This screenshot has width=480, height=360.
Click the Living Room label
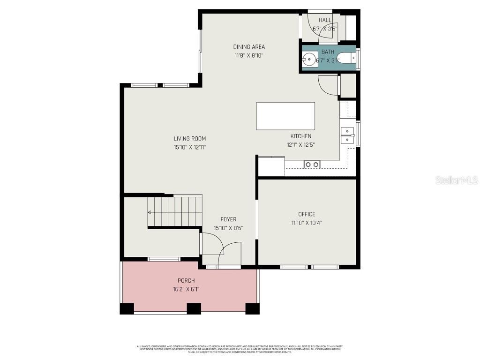click(x=190, y=138)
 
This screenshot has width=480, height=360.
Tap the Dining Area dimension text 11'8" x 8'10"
click(x=249, y=55)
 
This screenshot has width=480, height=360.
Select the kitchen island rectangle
click(x=285, y=116)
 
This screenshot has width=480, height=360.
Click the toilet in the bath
click(x=346, y=59)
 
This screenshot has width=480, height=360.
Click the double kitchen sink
click(x=347, y=135)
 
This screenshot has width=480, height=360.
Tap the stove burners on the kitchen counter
click(x=312, y=164)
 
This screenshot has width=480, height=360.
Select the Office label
click(x=307, y=214)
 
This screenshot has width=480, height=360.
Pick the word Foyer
click(x=228, y=219)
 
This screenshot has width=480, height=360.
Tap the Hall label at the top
click(x=325, y=20)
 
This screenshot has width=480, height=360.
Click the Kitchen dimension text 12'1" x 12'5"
click(x=300, y=145)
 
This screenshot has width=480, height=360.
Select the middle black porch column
click(x=194, y=308)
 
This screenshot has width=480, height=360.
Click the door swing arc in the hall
click(x=314, y=26)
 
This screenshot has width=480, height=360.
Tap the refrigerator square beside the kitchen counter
click(x=271, y=166)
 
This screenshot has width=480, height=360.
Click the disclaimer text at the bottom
click(x=240, y=349)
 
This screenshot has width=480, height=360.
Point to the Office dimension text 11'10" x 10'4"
click(x=307, y=223)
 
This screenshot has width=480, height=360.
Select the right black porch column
click(x=252, y=308)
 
